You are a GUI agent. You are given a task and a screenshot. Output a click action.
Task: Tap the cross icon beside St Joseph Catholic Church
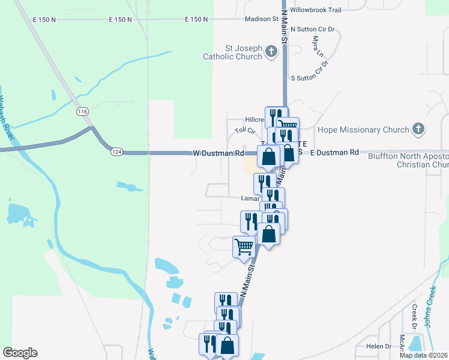(x=271, y=52)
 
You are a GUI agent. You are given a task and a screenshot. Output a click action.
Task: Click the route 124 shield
(x=116, y=152)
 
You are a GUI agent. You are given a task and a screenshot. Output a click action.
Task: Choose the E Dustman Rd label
(x=334, y=153)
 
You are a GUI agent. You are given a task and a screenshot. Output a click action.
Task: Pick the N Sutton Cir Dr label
(x=315, y=29)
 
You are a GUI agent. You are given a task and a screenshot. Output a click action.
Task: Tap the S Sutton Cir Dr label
(x=315, y=78)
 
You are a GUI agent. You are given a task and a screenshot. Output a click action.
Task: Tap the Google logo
(x=20, y=353)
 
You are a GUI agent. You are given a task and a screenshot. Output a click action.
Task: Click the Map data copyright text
(x=423, y=355)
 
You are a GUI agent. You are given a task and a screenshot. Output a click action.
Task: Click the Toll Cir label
(x=245, y=130)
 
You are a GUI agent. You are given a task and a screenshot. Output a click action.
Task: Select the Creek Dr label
(x=414, y=317)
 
